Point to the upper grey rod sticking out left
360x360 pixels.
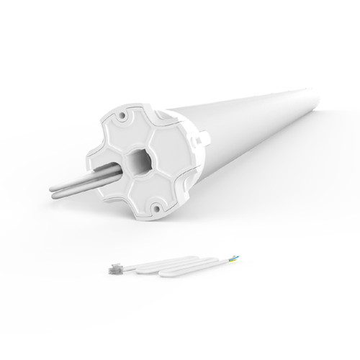point(79,171)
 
